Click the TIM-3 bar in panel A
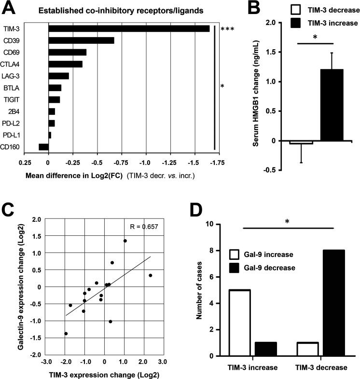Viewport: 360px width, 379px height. (x=129, y=29)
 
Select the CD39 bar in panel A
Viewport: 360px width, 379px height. (x=81, y=41)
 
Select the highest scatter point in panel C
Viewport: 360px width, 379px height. (x=125, y=241)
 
